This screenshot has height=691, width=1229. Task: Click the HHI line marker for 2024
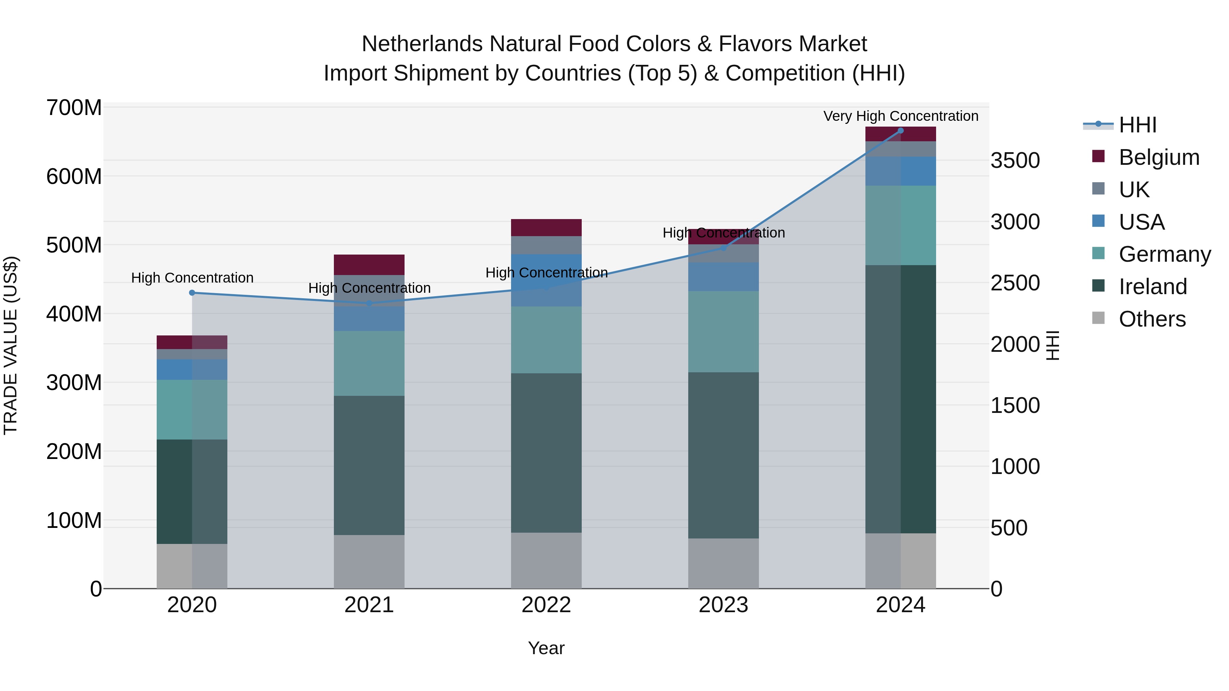pyautogui.click(x=900, y=131)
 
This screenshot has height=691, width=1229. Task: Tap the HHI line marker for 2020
pyautogui.click(x=192, y=293)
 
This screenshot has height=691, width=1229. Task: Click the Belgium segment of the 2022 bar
pyautogui.click(x=546, y=228)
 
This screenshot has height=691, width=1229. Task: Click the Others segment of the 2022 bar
pyautogui.click(x=546, y=560)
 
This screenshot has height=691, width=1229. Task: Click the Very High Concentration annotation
pyautogui.click(x=900, y=116)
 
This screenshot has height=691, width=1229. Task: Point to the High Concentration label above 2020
pyautogui.click(x=192, y=277)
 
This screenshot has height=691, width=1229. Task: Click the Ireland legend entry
pyautogui.click(x=1152, y=287)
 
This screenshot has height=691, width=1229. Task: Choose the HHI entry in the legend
pyautogui.click(x=1138, y=125)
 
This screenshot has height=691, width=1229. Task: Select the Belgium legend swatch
pyautogui.click(x=1098, y=156)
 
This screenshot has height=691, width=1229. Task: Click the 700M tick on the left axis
pyautogui.click(x=74, y=108)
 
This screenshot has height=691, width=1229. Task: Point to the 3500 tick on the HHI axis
pyautogui.click(x=1015, y=161)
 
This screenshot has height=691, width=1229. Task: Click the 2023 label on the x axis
pyautogui.click(x=723, y=605)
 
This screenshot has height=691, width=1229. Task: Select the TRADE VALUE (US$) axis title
pyautogui.click(x=11, y=345)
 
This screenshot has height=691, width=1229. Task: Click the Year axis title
pyautogui.click(x=546, y=648)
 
